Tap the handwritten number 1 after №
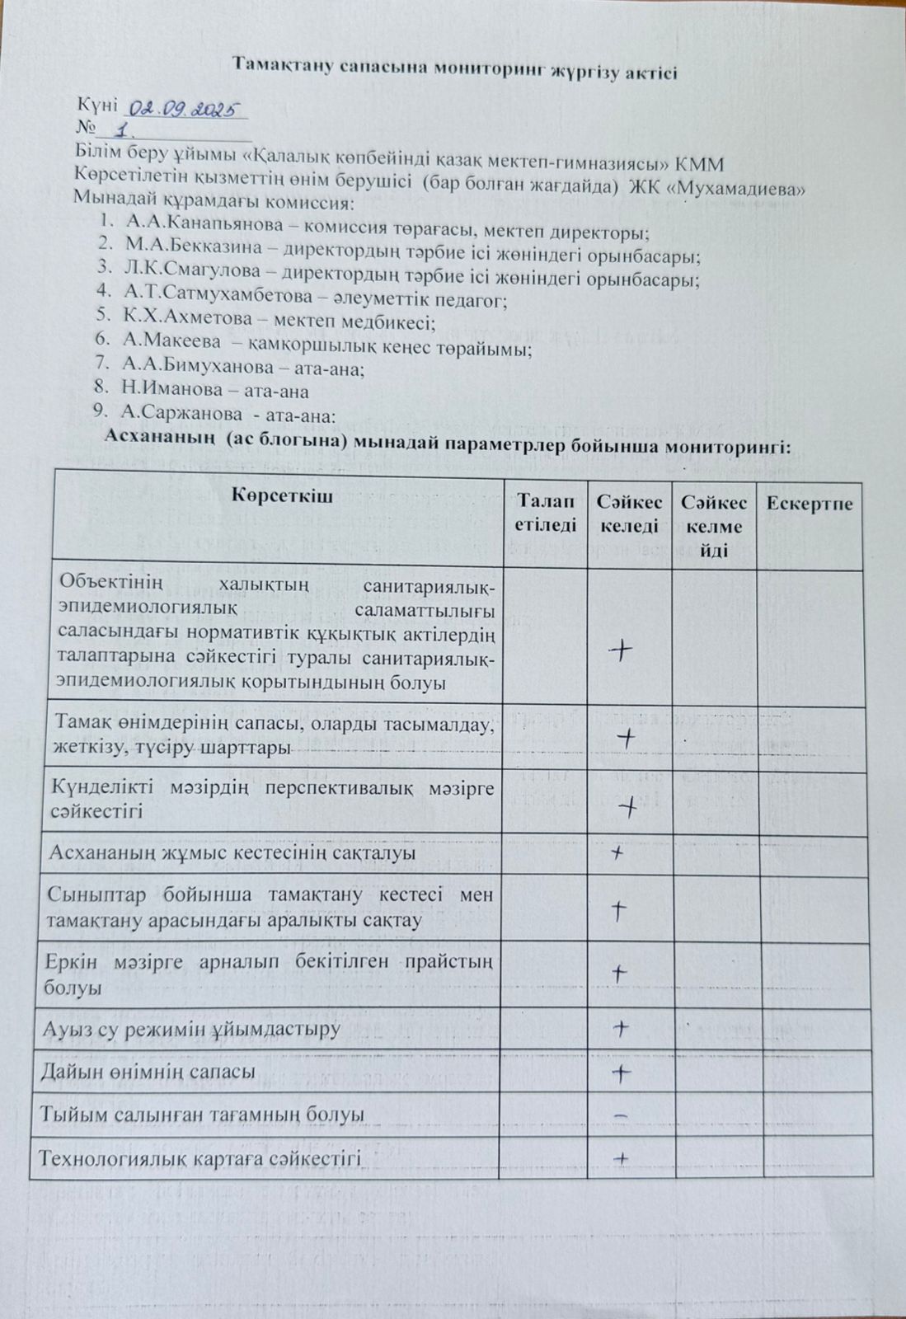[125, 130]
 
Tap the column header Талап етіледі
[545, 514]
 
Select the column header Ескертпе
[810, 504]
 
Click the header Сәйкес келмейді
[714, 526]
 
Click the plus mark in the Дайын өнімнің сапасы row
[622, 1073]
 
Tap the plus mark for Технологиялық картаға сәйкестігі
[622, 1159]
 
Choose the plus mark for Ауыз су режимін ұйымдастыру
[621, 1028]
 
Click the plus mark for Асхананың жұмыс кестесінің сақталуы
[617, 854]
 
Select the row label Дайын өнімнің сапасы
[148, 1072]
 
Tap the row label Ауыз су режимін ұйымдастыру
[190, 1029]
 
